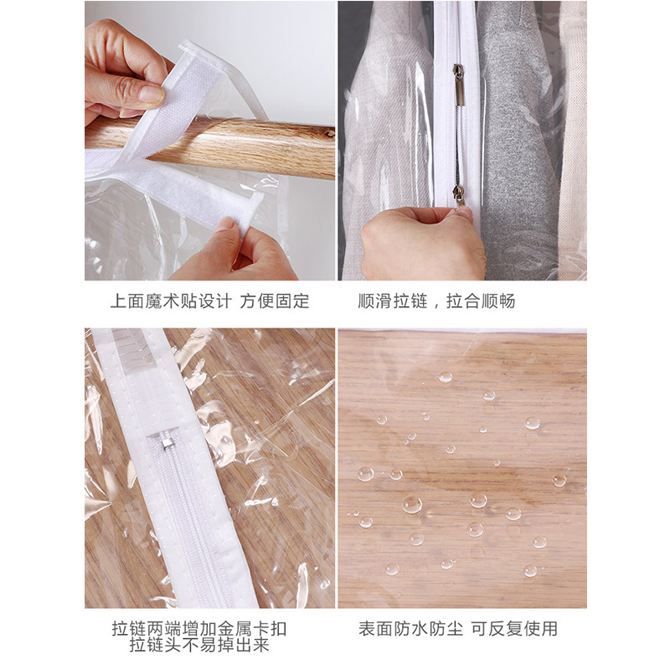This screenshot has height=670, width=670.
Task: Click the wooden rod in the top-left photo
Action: tap(240, 147)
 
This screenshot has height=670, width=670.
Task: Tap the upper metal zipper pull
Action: tap(459, 85)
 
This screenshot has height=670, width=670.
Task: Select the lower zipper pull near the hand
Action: tap(458, 196)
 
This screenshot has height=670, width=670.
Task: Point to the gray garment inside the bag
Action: tap(519, 141)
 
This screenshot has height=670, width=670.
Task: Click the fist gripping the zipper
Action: tap(421, 243)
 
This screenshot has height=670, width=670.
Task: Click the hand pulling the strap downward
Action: tap(240, 252)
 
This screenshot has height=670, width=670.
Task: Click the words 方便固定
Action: tap(275, 301)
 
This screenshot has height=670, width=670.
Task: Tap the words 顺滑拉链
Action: tap(393, 301)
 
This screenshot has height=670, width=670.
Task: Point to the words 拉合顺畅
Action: tap(481, 301)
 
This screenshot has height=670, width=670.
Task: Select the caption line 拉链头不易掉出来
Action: tap(199, 645)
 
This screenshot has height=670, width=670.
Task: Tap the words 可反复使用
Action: tap(514, 629)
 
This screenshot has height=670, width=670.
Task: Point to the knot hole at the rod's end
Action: tap(329, 134)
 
